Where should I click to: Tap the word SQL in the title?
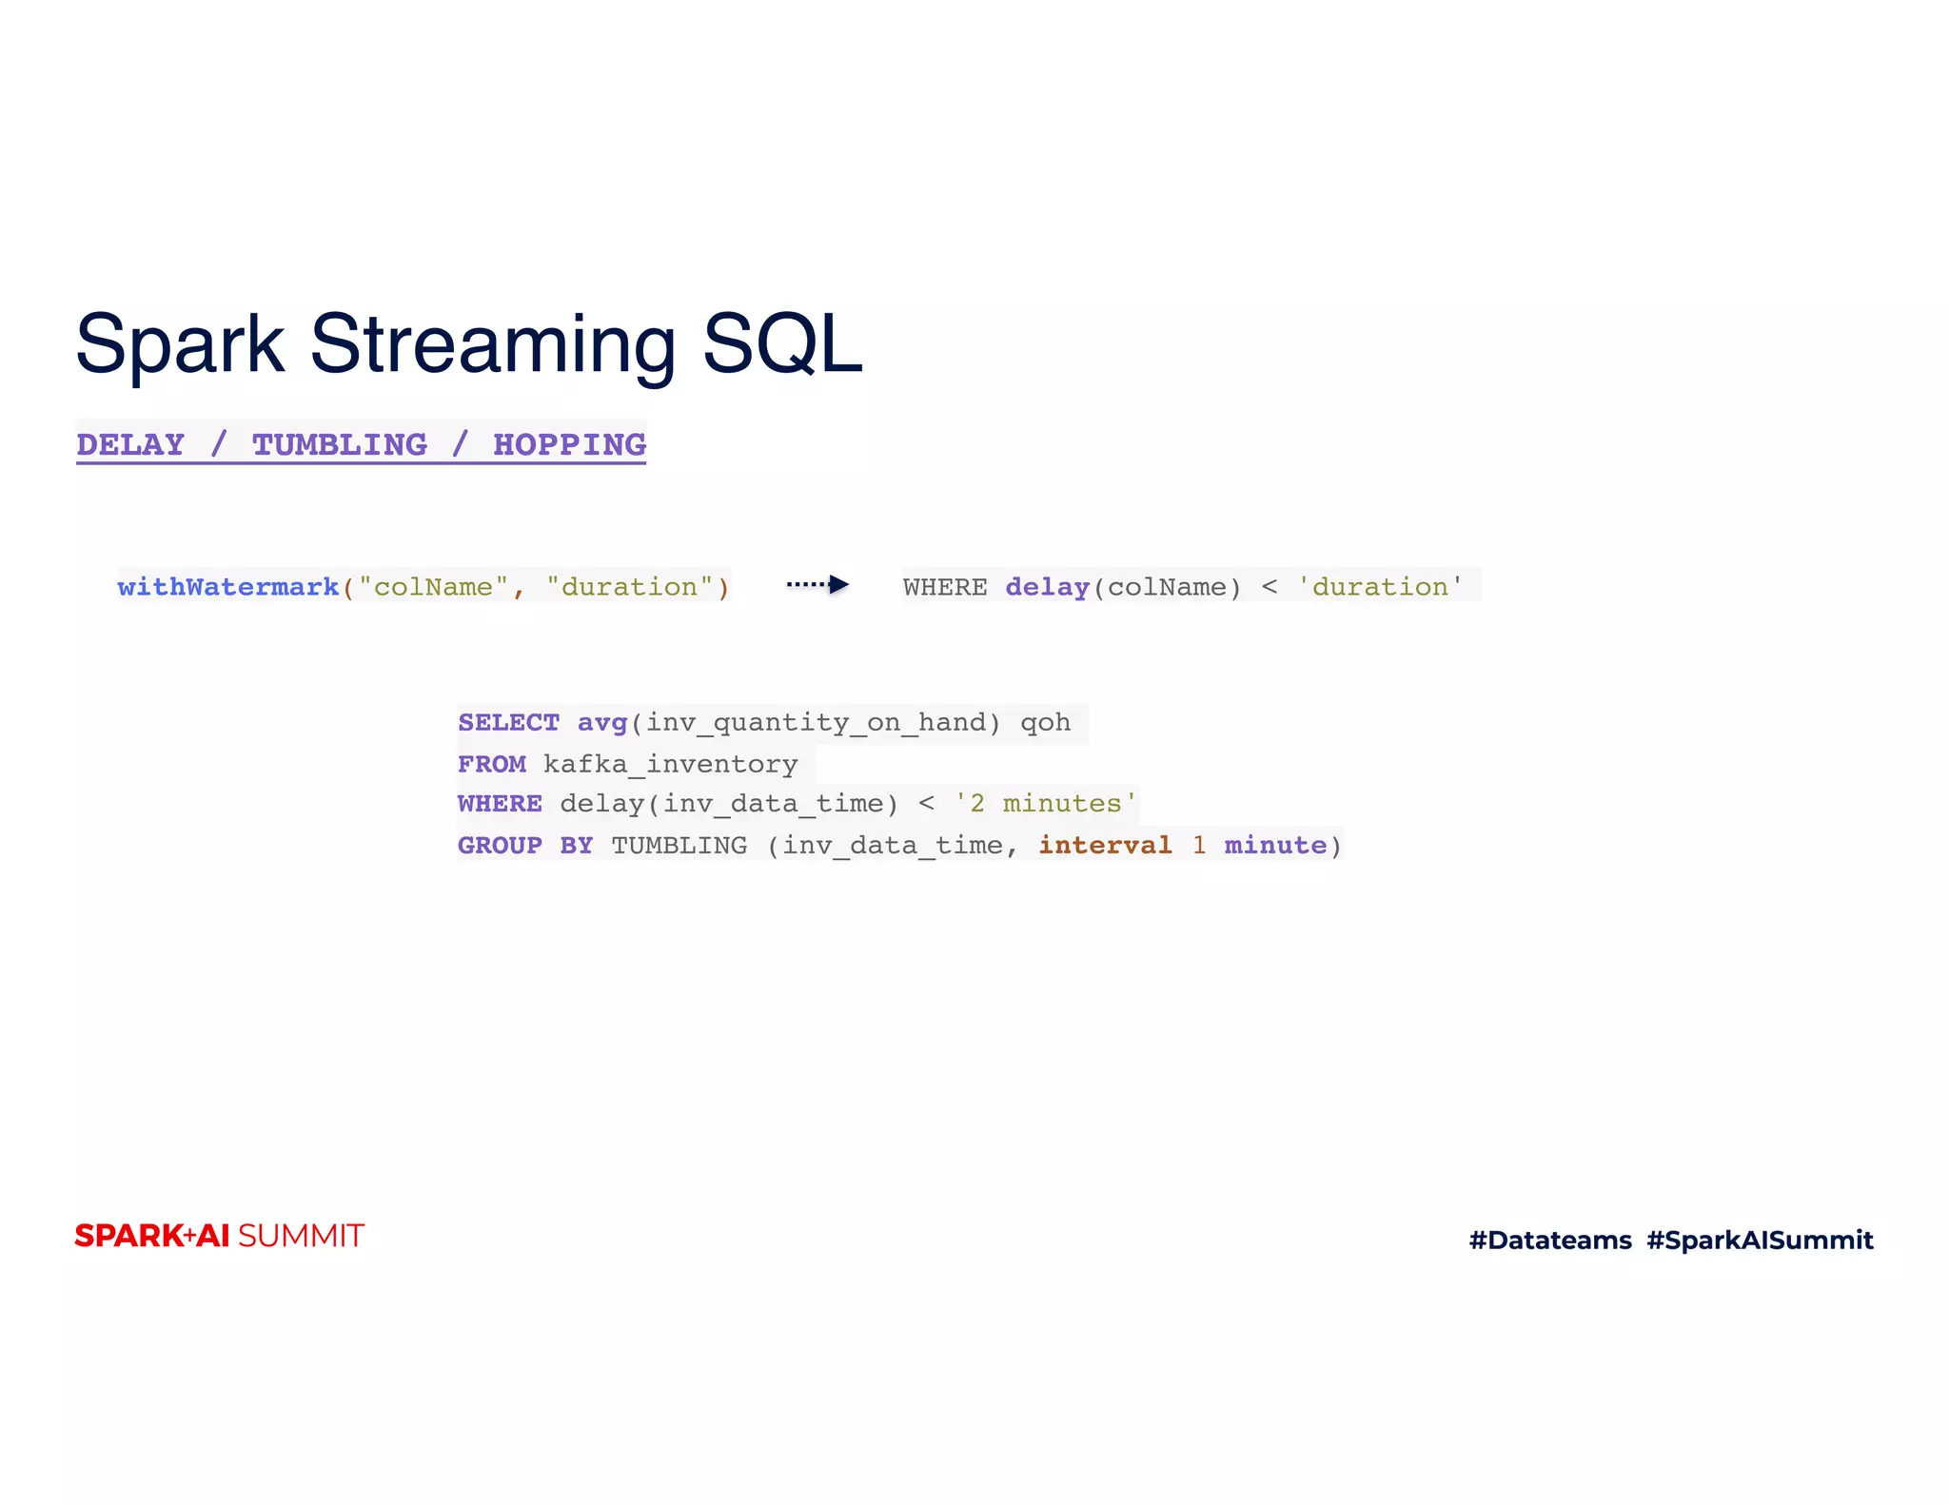(x=782, y=344)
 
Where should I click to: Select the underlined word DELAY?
(x=130, y=444)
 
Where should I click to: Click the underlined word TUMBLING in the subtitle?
(x=340, y=444)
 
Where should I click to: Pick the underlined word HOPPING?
(x=569, y=444)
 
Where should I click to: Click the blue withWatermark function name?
(x=228, y=587)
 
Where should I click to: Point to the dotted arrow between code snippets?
(x=817, y=585)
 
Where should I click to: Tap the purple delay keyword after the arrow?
(x=1047, y=587)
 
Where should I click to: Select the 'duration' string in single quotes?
(x=1380, y=587)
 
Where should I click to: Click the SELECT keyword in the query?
(x=508, y=723)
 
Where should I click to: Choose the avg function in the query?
(x=601, y=723)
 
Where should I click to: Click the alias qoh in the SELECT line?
(x=1045, y=723)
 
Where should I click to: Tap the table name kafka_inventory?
(x=670, y=764)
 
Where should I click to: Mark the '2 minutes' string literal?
(x=1046, y=804)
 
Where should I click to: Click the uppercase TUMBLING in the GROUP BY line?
(x=679, y=846)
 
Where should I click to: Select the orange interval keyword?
(x=1105, y=846)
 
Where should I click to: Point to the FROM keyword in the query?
(x=491, y=764)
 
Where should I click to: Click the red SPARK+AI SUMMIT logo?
(x=219, y=1236)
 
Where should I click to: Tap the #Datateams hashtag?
(x=1549, y=1240)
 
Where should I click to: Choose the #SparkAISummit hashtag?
(x=1760, y=1240)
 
